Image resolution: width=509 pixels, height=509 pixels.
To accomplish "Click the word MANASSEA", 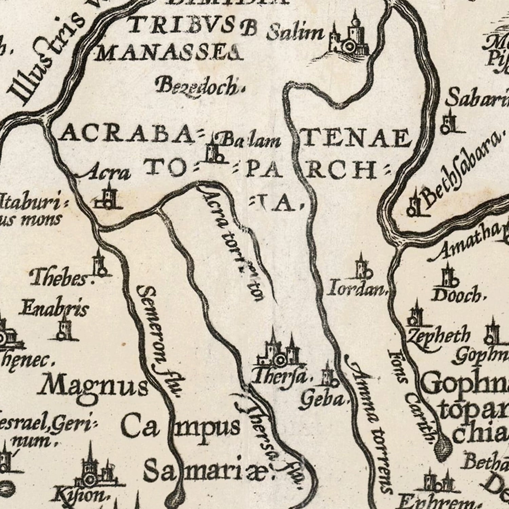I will pyautogui.click(x=169, y=53).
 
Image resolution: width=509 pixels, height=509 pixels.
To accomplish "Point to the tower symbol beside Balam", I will pyautogui.click(x=214, y=151).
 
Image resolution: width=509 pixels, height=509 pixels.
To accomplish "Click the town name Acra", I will pyautogui.click(x=107, y=173).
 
